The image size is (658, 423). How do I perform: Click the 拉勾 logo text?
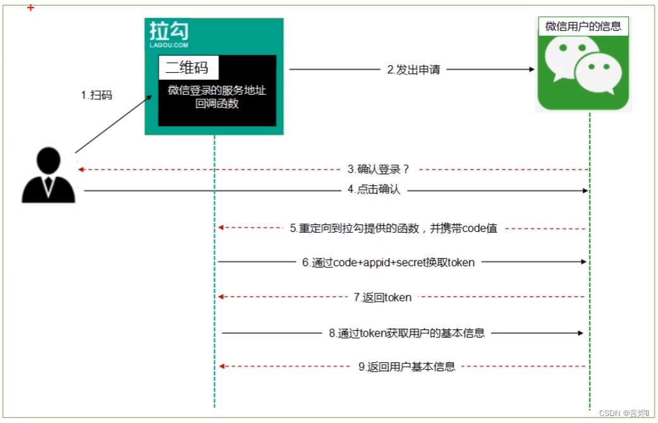169,31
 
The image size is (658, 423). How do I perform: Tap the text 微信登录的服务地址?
217,90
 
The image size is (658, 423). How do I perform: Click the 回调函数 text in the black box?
217,104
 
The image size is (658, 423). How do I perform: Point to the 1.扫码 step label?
96,95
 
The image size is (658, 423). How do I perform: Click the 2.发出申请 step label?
413,70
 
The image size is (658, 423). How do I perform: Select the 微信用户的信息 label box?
583,27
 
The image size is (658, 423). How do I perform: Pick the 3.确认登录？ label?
379,169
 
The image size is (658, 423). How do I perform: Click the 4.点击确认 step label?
374,190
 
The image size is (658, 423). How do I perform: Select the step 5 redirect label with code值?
394,228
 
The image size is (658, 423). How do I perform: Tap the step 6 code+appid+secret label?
388,262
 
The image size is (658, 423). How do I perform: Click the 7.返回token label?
382,297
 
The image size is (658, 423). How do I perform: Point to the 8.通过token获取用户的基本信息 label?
406,333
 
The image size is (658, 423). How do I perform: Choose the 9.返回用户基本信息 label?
406,367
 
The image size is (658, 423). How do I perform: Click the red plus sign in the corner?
30,8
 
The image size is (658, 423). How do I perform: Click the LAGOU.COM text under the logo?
169,46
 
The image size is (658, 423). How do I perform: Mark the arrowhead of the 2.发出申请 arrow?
532,70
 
